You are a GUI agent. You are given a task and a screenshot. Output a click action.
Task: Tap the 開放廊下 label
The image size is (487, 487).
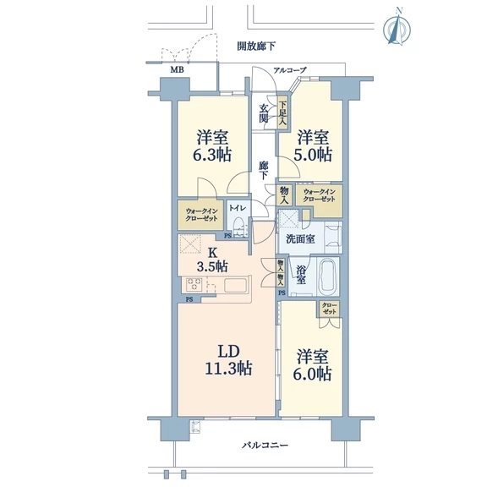256,47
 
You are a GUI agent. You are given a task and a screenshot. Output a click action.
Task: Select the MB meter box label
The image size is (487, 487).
177,69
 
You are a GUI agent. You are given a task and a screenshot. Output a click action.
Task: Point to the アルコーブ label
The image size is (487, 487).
290,70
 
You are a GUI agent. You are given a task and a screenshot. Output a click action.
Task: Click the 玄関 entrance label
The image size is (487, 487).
264,113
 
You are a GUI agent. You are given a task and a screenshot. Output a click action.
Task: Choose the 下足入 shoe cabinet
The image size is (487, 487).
282,112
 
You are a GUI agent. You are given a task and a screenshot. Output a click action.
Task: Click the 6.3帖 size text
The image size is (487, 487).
212,155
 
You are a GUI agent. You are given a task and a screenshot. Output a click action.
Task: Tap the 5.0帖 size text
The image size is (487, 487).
313,155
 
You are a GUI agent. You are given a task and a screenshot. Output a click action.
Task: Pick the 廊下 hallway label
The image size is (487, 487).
264,171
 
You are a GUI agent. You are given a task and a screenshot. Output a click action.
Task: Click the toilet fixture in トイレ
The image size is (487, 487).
238,226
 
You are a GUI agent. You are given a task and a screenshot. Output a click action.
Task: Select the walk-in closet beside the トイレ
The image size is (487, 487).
201,215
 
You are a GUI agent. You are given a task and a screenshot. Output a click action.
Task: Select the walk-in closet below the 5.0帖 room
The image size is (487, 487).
319,200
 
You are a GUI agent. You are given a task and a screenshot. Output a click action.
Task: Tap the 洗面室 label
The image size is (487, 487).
300,238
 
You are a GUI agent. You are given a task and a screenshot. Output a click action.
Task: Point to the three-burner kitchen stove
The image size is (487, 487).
194,284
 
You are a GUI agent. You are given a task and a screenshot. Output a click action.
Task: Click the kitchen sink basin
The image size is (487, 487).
235,285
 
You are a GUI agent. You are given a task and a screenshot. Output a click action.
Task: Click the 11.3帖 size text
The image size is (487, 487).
228,369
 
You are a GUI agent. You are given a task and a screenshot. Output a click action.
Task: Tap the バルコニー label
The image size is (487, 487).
265,446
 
